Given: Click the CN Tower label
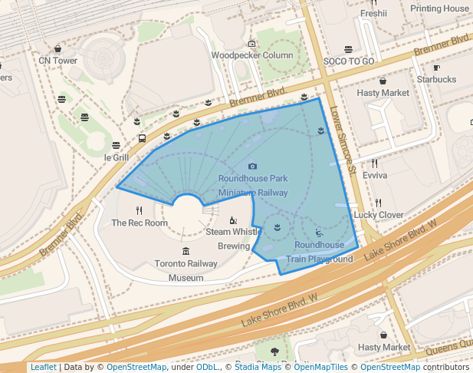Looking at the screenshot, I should tap(58, 61).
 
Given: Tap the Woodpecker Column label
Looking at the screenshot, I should tap(252, 55).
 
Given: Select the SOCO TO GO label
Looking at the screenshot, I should tap(349, 61).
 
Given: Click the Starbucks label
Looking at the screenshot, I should tap(436, 79).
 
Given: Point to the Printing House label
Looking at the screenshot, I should tap(439, 8).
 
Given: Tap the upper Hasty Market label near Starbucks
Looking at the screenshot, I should tap(383, 93).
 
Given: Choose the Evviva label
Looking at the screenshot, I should tap(375, 175).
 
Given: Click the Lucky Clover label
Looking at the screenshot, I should tap(379, 215).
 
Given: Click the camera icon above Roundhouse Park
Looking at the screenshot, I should tap(253, 166).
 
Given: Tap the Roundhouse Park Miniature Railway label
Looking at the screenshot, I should tap(253, 186).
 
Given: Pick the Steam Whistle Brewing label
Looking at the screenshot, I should tap(234, 239).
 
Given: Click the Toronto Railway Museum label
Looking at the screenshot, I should tap(186, 270).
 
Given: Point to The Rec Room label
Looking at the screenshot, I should tap(139, 223).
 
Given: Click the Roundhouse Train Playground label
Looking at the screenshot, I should tap(320, 252).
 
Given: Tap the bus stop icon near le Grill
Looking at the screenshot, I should tap(142, 139).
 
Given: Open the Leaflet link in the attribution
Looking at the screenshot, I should tap(43, 367).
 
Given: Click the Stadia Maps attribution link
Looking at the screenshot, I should tap(259, 367).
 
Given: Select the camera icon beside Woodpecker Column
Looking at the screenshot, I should tap(252, 44).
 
